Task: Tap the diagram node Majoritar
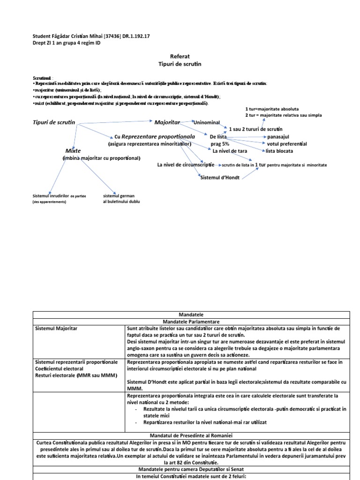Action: (x=167, y=122)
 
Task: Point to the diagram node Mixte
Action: (x=73, y=151)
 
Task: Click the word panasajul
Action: (x=280, y=136)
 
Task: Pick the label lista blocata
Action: (x=279, y=151)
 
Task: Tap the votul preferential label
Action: (x=286, y=143)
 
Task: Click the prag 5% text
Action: (x=220, y=144)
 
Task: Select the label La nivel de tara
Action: (x=230, y=151)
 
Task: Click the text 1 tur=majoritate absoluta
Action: (x=272, y=108)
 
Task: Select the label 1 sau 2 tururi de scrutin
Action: (x=255, y=129)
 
